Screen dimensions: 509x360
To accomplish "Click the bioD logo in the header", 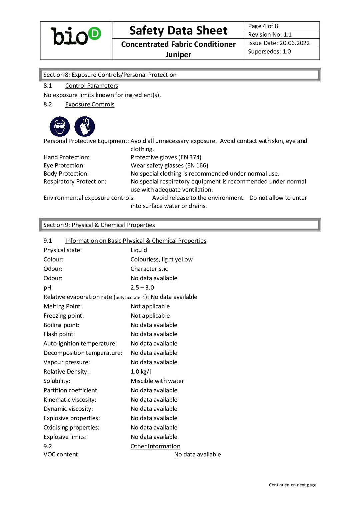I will click(76, 36).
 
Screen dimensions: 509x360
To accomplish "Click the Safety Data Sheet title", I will click(178, 31).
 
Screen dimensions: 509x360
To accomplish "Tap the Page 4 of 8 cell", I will click(263, 26).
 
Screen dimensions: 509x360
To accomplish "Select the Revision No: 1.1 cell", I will click(270, 35).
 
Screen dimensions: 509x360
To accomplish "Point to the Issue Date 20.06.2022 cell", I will click(279, 43).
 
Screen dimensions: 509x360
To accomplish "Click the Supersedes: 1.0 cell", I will click(269, 52).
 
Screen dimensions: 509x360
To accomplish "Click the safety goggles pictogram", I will click(60, 127).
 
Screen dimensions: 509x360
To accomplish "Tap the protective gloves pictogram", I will click(85, 127).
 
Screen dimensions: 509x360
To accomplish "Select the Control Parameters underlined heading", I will click(92, 86).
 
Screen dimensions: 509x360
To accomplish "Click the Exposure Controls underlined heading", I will click(90, 104).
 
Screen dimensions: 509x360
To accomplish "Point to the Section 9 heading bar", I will click(180, 225).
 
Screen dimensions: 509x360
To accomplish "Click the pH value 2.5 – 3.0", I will click(142, 288).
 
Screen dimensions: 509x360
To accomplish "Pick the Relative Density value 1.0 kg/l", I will click(141, 372).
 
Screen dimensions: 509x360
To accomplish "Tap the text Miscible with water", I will click(157, 381).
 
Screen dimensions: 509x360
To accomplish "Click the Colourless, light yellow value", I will click(162, 259).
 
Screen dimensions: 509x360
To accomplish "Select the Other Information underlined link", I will click(155, 446).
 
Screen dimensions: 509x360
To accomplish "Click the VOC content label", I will click(62, 455).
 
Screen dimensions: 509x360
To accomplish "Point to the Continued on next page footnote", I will click(293, 485).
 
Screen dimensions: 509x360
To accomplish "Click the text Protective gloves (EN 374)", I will click(166, 157).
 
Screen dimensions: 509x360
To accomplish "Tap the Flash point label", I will click(59, 334).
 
